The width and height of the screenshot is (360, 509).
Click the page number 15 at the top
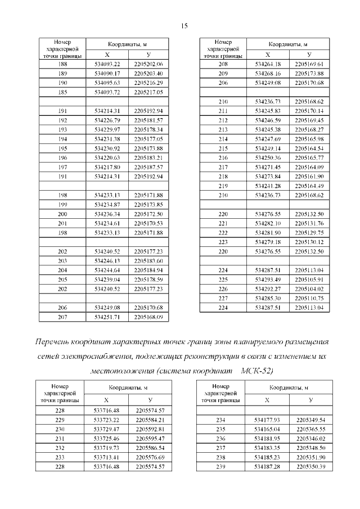[x=184, y=26]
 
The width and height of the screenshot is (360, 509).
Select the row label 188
[x=62, y=65]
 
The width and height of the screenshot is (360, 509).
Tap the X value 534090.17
[x=107, y=74]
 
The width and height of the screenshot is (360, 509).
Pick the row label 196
[x=62, y=158]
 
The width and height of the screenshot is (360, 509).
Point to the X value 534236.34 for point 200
[x=107, y=215]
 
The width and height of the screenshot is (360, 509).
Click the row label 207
[x=62, y=317]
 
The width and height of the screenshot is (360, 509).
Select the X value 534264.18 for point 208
[x=267, y=65]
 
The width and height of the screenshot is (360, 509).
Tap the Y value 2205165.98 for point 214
[x=309, y=139]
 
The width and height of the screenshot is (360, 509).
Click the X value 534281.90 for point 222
[x=267, y=233]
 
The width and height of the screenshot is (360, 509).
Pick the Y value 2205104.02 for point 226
[x=309, y=289]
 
